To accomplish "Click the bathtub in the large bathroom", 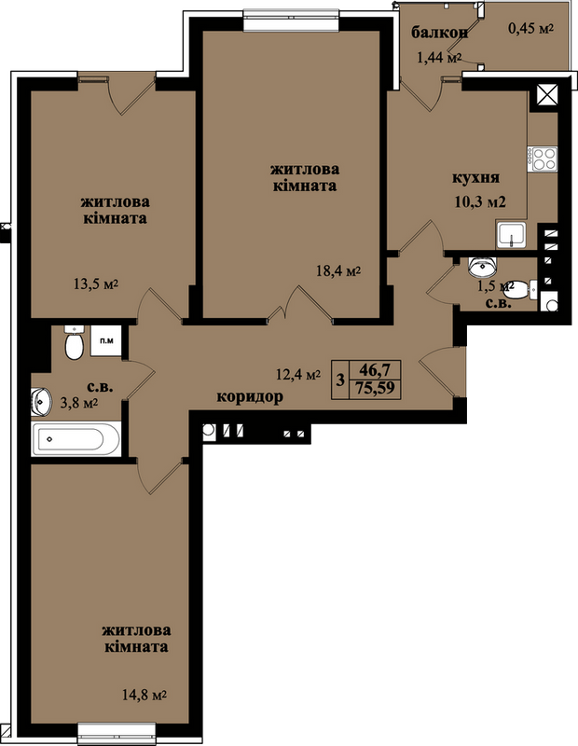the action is tap(76, 438).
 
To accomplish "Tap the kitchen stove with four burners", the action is tap(543, 159).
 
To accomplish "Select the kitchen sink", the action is tap(511, 235).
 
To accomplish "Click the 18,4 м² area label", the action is tap(338, 271).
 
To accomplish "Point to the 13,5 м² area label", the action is tap(96, 284).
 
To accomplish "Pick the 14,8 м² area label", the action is tap(144, 695).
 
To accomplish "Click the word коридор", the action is tap(250, 396).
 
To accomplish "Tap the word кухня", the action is tap(475, 178).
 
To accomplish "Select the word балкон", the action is tap(440, 33).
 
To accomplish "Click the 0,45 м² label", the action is tap(530, 29).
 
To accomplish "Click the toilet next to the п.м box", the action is tap(74, 343).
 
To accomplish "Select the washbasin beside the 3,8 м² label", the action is tap(42, 401).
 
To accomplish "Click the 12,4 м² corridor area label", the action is tap(298, 375).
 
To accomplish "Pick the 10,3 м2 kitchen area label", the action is tap(480, 201).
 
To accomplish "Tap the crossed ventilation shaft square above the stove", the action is tap(546, 95).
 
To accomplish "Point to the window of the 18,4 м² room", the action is tap(291, 19).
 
